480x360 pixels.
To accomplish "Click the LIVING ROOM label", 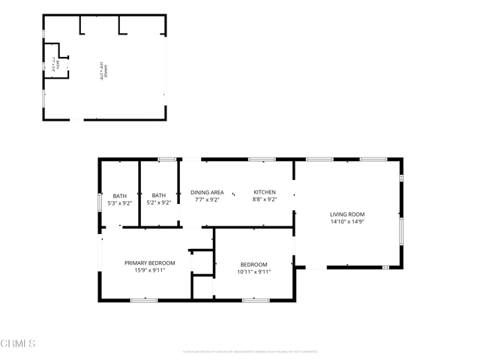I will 346,214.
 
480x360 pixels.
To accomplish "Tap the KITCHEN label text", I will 264,193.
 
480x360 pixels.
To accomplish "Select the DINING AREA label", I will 207,193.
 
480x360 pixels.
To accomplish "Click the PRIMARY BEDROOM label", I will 149,262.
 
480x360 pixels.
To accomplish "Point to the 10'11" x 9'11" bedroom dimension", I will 253,271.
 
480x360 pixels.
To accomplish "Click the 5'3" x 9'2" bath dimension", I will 120,202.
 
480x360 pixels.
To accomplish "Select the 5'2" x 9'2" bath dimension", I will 159,202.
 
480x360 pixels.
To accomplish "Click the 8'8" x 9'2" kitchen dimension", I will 264,199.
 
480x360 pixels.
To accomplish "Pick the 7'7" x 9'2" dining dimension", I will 207,199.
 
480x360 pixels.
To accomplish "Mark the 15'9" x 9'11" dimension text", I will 149,270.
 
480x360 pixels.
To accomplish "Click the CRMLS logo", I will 18,343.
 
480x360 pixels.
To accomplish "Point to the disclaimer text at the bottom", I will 240,351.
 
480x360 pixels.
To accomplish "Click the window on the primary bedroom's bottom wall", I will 144,300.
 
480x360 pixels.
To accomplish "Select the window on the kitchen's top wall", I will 262,159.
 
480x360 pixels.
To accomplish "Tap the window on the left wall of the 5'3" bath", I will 100,202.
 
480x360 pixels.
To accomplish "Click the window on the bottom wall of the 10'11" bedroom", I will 255,300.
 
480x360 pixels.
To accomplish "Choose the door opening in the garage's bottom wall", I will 77,119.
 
